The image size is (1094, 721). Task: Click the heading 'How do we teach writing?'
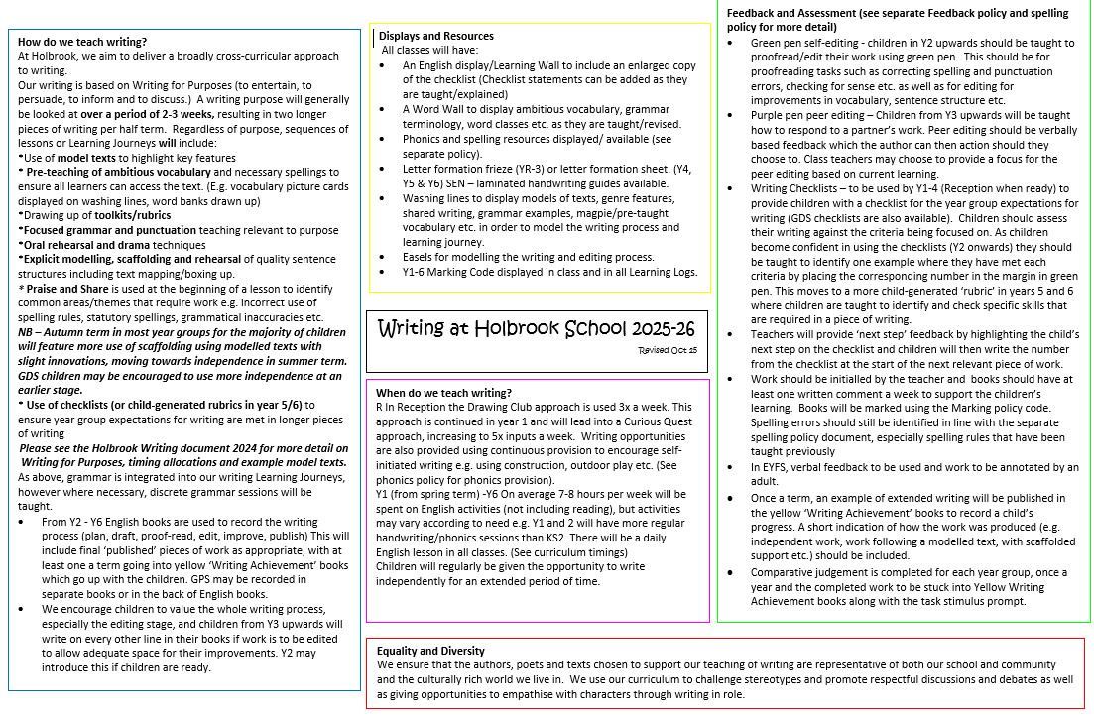(x=82, y=42)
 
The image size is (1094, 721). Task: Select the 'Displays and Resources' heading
(x=435, y=36)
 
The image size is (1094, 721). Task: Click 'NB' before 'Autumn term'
(x=26, y=334)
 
